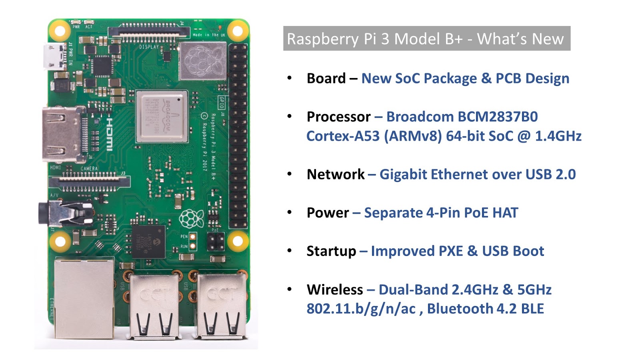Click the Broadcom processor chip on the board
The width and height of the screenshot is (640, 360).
(162, 116)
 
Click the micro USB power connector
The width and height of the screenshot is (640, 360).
(55, 57)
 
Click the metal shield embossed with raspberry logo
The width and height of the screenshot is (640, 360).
(203, 61)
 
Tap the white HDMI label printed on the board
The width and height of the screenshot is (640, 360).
(109, 134)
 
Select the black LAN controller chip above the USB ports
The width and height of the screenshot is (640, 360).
(148, 241)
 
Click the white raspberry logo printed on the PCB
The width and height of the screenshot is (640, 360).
(191, 218)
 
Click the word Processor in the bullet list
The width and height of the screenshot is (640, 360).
(338, 117)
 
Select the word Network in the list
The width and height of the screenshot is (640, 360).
(335, 174)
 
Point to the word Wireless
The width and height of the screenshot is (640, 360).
(335, 290)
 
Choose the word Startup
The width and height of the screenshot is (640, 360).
(331, 251)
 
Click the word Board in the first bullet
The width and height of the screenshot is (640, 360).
(326, 78)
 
